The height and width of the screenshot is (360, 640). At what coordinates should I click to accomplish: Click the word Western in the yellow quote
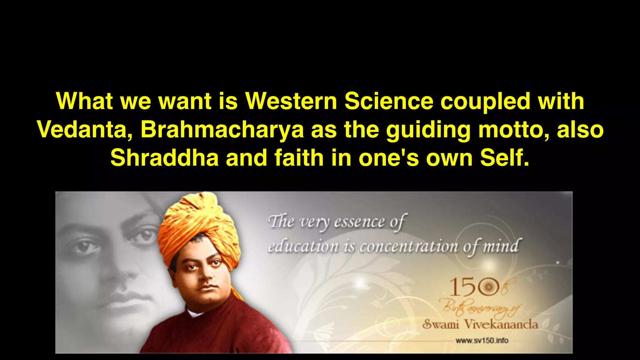tap(291, 101)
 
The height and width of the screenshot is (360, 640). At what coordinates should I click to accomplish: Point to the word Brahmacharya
tap(222, 129)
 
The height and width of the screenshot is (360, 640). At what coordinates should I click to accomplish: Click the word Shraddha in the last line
tap(164, 158)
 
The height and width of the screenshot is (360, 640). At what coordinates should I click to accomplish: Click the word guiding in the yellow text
tap(428, 130)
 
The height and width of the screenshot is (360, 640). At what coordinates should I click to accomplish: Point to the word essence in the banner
tap(359, 222)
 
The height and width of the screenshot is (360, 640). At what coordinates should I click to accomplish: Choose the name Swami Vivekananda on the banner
tap(480, 324)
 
